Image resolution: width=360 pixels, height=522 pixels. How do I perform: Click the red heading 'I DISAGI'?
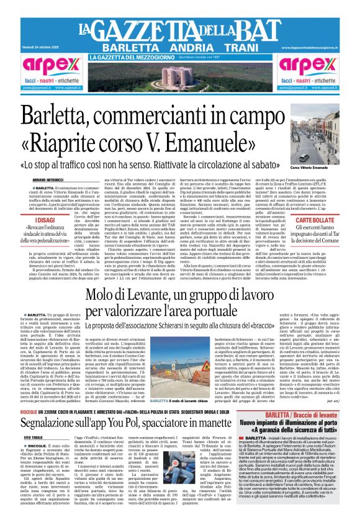pyautogui.click(x=44, y=218)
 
